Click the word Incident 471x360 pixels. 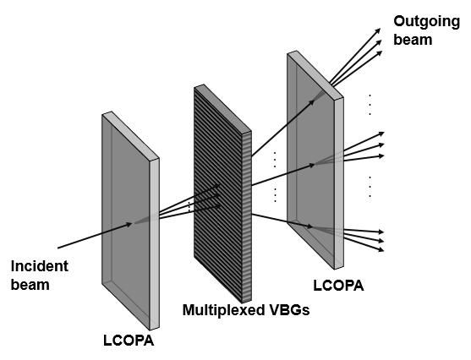coord(40,266)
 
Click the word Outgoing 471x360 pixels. coord(426,23)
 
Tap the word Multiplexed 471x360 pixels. coord(219,310)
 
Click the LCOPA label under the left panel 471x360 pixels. coord(129,341)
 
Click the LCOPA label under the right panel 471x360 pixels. coord(338,286)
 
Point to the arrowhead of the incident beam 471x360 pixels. coord(129,224)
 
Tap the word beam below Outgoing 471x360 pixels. coord(413,40)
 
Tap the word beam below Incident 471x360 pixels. coord(30,285)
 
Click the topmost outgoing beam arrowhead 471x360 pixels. coord(378,30)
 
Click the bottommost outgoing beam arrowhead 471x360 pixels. coord(381,249)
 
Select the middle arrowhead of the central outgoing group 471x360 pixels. coord(381,145)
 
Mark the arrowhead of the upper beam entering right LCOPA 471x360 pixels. coord(312,102)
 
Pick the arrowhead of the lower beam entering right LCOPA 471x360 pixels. coord(309,226)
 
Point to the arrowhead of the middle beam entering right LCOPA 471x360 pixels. coord(311,165)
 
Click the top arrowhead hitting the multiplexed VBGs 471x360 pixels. coord(218,186)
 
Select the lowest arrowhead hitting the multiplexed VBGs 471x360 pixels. coord(217,206)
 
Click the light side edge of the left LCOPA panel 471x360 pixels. coord(154,244)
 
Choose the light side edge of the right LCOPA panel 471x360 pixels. coord(338,183)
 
